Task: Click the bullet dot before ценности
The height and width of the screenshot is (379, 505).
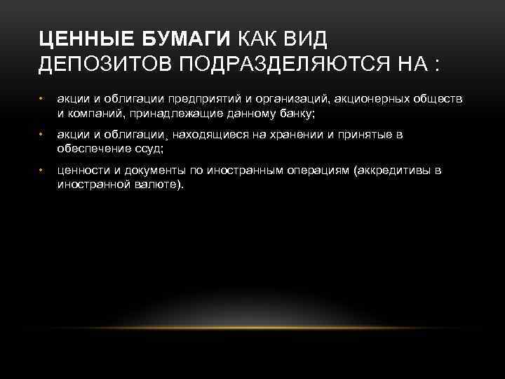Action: pos(42,171)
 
